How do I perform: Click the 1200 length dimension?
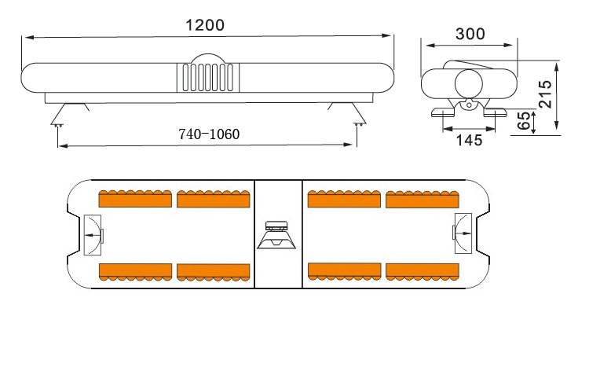[205, 24]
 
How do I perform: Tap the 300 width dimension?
[470, 34]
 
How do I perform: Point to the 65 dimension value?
[522, 122]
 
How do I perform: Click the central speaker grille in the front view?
[207, 79]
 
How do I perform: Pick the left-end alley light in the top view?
[93, 233]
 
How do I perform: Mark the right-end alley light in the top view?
[462, 233]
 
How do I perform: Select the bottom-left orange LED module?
[135, 271]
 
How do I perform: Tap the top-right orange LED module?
[423, 199]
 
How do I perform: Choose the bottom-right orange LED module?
[423, 271]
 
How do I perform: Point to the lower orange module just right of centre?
[345, 271]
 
